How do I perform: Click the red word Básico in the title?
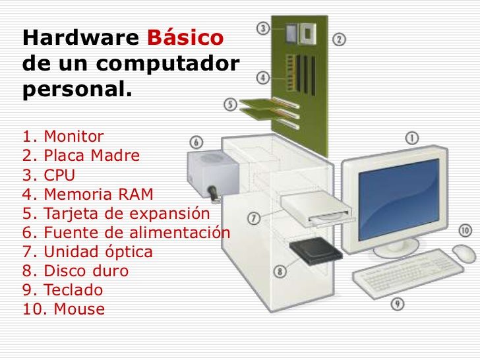pyautogui.click(x=185, y=38)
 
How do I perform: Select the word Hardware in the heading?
pyautogui.click(x=81, y=38)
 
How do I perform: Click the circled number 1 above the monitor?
pyautogui.click(x=412, y=138)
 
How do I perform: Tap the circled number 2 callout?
pyautogui.click(x=339, y=40)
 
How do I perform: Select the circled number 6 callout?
pyautogui.click(x=196, y=142)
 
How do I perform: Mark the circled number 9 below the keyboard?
pyautogui.click(x=398, y=304)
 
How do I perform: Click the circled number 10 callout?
pyautogui.click(x=465, y=231)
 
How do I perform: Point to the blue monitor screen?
pyautogui.click(x=399, y=200)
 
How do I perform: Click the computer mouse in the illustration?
pyautogui.click(x=464, y=253)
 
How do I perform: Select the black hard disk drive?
pyautogui.click(x=316, y=251)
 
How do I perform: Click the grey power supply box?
pyautogui.click(x=213, y=174)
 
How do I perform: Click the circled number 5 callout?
pyautogui.click(x=230, y=104)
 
